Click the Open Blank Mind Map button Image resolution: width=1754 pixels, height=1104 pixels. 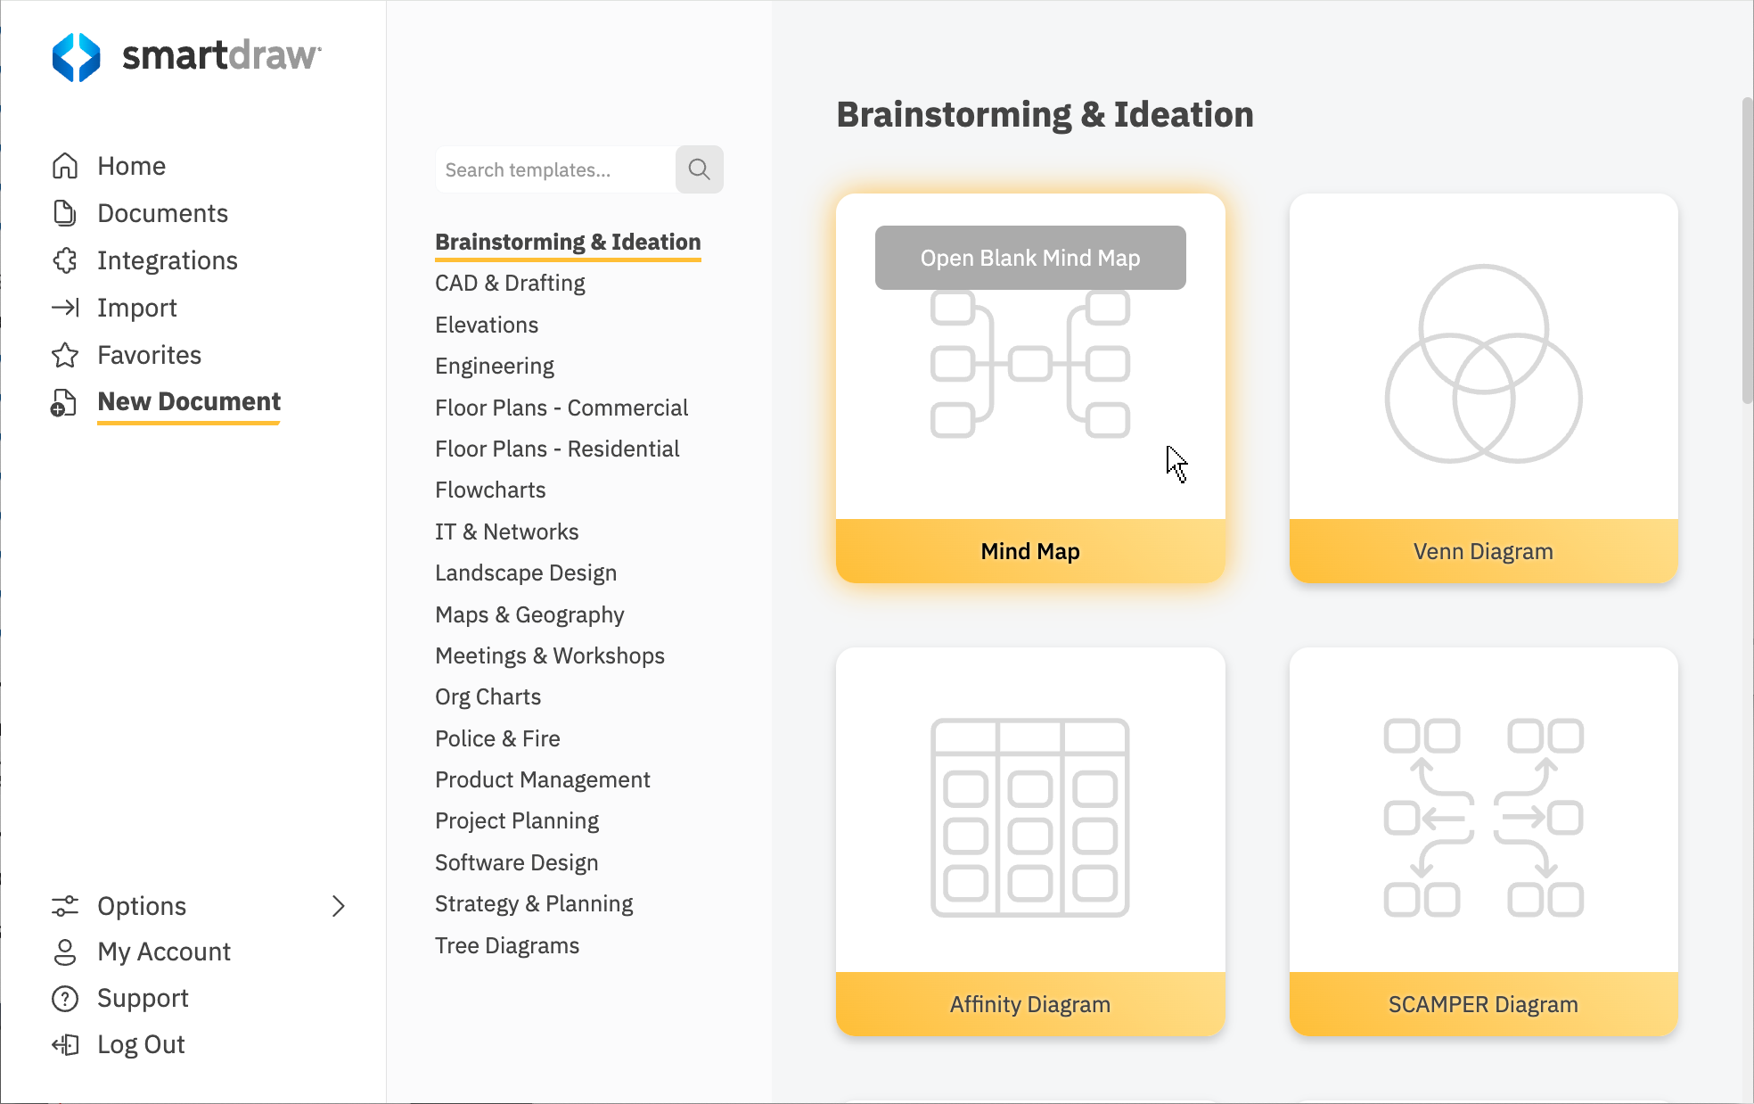click(1029, 258)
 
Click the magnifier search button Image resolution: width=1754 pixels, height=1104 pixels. click(699, 169)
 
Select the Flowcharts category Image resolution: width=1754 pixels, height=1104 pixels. click(489, 490)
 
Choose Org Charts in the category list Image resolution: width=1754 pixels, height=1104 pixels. click(488, 696)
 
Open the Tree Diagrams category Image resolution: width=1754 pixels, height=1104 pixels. click(506, 945)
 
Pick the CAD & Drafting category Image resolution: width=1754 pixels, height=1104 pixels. click(510, 283)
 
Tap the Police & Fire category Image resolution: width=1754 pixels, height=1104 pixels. click(497, 738)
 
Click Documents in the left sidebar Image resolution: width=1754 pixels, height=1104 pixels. click(162, 213)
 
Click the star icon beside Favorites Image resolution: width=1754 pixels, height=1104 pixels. click(65, 355)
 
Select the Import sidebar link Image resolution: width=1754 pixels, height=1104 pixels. click(136, 308)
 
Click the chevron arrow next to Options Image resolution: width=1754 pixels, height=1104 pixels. click(338, 906)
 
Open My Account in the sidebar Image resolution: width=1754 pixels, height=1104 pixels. click(163, 952)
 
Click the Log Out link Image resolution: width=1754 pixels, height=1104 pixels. click(141, 1044)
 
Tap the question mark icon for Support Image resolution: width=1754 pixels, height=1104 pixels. click(65, 998)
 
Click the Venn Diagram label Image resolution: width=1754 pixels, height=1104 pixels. click(1483, 551)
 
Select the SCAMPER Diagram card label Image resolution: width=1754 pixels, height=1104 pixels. click(1483, 1004)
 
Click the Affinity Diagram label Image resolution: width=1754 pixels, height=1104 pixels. click(1029, 1004)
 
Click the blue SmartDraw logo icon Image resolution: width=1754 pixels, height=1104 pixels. click(77, 57)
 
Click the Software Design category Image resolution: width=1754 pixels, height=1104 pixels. click(516, 862)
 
